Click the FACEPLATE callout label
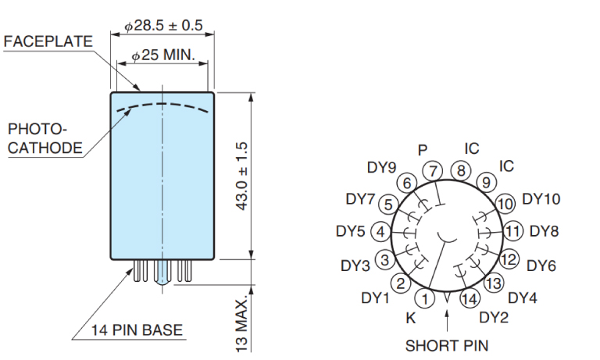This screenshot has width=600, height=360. pyautogui.click(x=48, y=41)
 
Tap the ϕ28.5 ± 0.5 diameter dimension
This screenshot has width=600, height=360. pyautogui.click(x=163, y=26)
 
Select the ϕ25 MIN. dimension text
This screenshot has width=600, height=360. pyautogui.click(x=163, y=55)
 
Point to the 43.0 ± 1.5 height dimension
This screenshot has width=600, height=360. pyautogui.click(x=242, y=176)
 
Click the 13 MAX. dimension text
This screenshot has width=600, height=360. pyautogui.click(x=242, y=326)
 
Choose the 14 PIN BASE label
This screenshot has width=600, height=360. pyautogui.click(x=137, y=330)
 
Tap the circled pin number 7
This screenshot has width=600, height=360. pyautogui.click(x=433, y=171)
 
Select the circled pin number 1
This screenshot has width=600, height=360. pyautogui.click(x=425, y=298)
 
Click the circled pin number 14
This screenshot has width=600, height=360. pyautogui.click(x=470, y=298)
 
